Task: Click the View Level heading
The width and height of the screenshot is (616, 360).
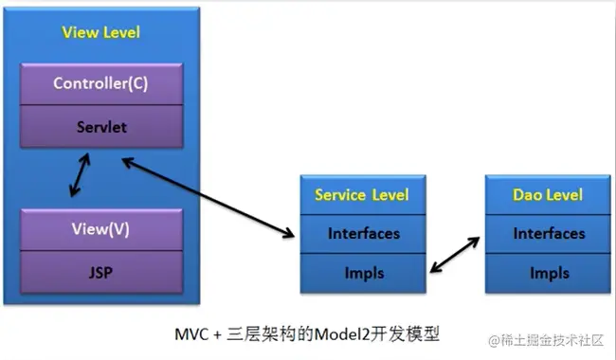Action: coord(101,32)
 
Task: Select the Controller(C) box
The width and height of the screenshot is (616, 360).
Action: coord(101,84)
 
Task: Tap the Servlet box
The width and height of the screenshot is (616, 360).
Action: coord(101,126)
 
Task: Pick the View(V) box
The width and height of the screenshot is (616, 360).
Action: coord(101,229)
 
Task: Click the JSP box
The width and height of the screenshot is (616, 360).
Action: coord(101,272)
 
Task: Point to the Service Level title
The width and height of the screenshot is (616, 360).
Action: coord(362,195)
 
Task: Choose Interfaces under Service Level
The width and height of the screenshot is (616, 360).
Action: coord(363,234)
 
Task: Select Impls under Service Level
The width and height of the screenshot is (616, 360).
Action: coord(363,273)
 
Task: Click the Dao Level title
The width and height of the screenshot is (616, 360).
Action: coord(548,195)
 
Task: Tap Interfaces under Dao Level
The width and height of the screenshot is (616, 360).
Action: coord(548,234)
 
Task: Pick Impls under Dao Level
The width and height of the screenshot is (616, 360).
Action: coord(548,273)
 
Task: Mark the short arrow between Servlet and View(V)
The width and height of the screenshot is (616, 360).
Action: coord(80,175)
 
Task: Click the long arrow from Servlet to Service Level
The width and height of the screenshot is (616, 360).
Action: coord(208,198)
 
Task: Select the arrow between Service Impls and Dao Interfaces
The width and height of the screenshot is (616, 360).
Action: coord(455,255)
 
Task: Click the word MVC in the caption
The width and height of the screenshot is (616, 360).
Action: coord(191,334)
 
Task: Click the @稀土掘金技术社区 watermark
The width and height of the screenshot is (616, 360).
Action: coord(546,340)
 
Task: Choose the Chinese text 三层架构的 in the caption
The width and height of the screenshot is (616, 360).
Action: coord(270,334)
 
